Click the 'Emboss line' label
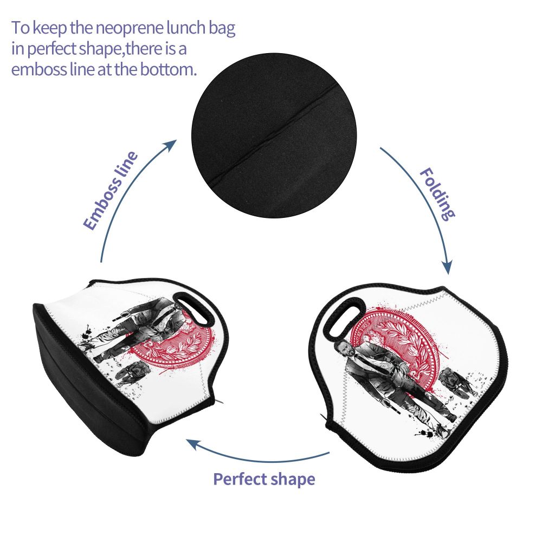[x=111, y=191]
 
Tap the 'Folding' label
[x=437, y=194]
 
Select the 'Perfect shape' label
[x=264, y=479]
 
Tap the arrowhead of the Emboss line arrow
[x=172, y=143]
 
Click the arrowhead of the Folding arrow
[x=447, y=267]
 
